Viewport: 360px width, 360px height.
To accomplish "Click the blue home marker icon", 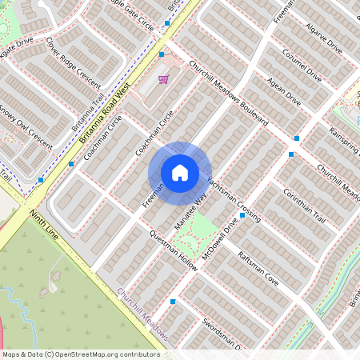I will coord(180,172).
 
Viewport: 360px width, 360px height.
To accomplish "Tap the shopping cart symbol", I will coord(163,79).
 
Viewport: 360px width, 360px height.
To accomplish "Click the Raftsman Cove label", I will coord(258,268).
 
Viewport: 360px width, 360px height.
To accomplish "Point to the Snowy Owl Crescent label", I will coord(26,125).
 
